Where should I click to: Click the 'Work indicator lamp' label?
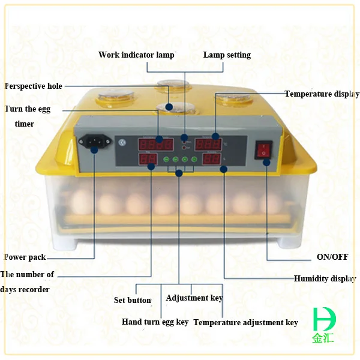[136, 55]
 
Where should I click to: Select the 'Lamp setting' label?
[227, 55]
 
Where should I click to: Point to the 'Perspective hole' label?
[34, 86]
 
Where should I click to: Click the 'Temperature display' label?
[322, 94]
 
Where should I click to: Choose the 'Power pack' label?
[25, 257]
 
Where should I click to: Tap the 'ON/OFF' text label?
[332, 257]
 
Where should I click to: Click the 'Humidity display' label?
[325, 279]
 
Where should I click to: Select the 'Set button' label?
[133, 300]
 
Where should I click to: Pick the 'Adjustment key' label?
[194, 298]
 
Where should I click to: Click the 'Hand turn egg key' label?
[155, 322]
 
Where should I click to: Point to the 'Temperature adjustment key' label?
[245, 323]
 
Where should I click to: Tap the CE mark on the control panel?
[122, 143]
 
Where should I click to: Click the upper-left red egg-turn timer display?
[152, 143]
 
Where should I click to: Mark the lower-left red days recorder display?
[148, 160]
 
